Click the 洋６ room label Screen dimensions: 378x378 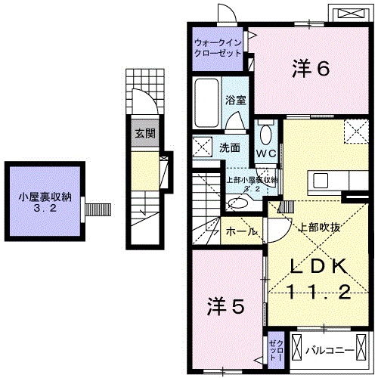coord(311,70)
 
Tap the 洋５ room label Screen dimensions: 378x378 coord(225,305)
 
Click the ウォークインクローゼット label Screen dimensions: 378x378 coord(217,48)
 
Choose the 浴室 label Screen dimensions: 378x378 coord(234,99)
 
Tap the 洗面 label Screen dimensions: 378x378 coord(231,147)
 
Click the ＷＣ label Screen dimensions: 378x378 coord(265,153)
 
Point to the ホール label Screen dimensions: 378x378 coord(240,231)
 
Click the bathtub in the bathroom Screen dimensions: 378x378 coord(206,102)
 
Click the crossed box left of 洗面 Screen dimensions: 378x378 coord(203,146)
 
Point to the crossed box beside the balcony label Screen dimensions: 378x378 coord(298,350)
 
